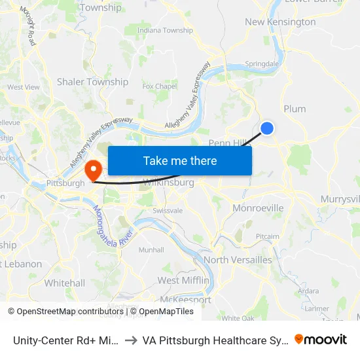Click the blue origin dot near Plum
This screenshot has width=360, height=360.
click(x=267, y=128)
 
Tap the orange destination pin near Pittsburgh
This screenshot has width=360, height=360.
click(x=94, y=170)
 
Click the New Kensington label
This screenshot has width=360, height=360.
click(x=280, y=22)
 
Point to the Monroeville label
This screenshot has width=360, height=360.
click(x=258, y=208)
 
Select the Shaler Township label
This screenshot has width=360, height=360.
click(x=92, y=82)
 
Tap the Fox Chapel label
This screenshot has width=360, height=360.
click(x=160, y=86)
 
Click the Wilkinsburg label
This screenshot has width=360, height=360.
click(x=168, y=183)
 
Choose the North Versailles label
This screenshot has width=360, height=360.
click(x=238, y=260)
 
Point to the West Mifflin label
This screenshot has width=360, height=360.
click(x=183, y=280)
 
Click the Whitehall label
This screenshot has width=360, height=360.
click(x=65, y=283)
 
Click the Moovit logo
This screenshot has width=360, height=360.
click(x=321, y=339)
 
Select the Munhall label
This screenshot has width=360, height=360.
click(x=151, y=250)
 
